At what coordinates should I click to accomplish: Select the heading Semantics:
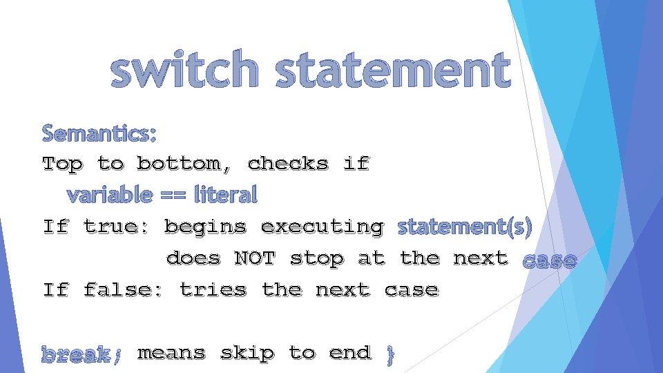click(x=99, y=131)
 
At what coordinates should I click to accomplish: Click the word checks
click(x=288, y=164)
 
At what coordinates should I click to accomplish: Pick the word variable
click(x=109, y=195)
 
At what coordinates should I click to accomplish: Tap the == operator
click(x=173, y=195)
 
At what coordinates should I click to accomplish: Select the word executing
click(x=322, y=227)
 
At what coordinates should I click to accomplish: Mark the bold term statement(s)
click(x=465, y=227)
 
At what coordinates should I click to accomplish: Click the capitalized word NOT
click(x=255, y=258)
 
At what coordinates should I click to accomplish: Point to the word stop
click(x=317, y=258)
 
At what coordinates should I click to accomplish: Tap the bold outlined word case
click(x=549, y=260)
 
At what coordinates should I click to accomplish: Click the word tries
click(x=213, y=289)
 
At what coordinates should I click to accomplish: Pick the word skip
click(x=247, y=353)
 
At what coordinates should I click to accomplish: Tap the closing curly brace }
click(x=390, y=354)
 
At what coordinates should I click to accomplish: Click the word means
click(x=171, y=353)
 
